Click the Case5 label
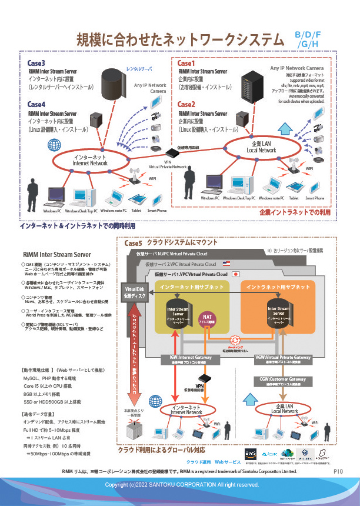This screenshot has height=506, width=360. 134,243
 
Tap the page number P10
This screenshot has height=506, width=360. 338,471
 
